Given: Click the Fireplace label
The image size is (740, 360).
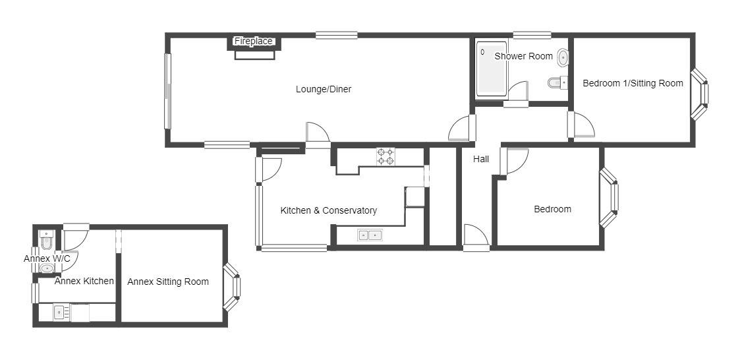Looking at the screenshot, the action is coord(254,41).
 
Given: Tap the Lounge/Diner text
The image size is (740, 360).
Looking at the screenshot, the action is coord(324,89).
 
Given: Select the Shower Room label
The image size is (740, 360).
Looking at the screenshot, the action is coord(523,56).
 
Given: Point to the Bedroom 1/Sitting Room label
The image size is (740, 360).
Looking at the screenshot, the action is coord(633,83).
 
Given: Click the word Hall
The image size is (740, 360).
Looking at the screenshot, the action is coord(481,159).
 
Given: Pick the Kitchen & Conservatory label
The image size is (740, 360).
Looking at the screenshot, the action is coord(328,210).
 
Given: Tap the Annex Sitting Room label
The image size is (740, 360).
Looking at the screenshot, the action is coord(168,282).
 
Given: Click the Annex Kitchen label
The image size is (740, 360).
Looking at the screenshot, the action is coord(84,281).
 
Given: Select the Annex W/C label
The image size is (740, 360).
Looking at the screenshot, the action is coord(47,258).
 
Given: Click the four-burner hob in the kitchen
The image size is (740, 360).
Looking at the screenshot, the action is coord(385,156).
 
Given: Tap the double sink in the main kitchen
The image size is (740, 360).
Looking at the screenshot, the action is coord(370,234).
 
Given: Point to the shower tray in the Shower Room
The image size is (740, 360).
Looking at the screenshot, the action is coord(491,69).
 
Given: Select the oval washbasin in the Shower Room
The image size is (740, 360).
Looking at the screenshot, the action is coord(563,57).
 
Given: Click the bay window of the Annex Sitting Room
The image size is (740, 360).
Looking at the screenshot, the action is coord(232,287).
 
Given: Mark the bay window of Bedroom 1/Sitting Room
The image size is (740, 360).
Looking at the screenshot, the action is coord(700,94).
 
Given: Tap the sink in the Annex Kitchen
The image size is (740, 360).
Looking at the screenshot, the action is coord(59,313).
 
